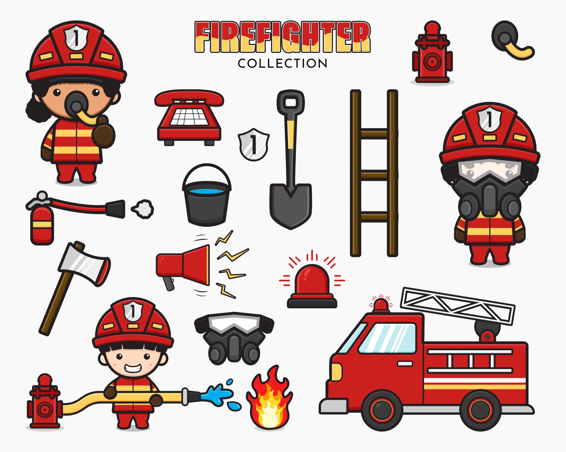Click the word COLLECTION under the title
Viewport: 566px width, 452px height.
coord(282,64)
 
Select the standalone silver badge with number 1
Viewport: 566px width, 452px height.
coord(253,144)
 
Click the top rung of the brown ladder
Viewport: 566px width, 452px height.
coord(374,133)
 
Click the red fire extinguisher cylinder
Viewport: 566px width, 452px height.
coord(42,225)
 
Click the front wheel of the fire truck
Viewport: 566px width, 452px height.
coord(382,410)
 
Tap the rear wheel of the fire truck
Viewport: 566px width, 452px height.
coord(480,410)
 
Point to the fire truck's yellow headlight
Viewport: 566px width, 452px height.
coord(336,372)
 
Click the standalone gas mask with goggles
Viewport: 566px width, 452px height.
coord(234,338)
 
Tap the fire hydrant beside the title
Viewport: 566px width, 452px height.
coord(432,54)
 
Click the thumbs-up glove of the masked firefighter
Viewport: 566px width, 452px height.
coord(104,132)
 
